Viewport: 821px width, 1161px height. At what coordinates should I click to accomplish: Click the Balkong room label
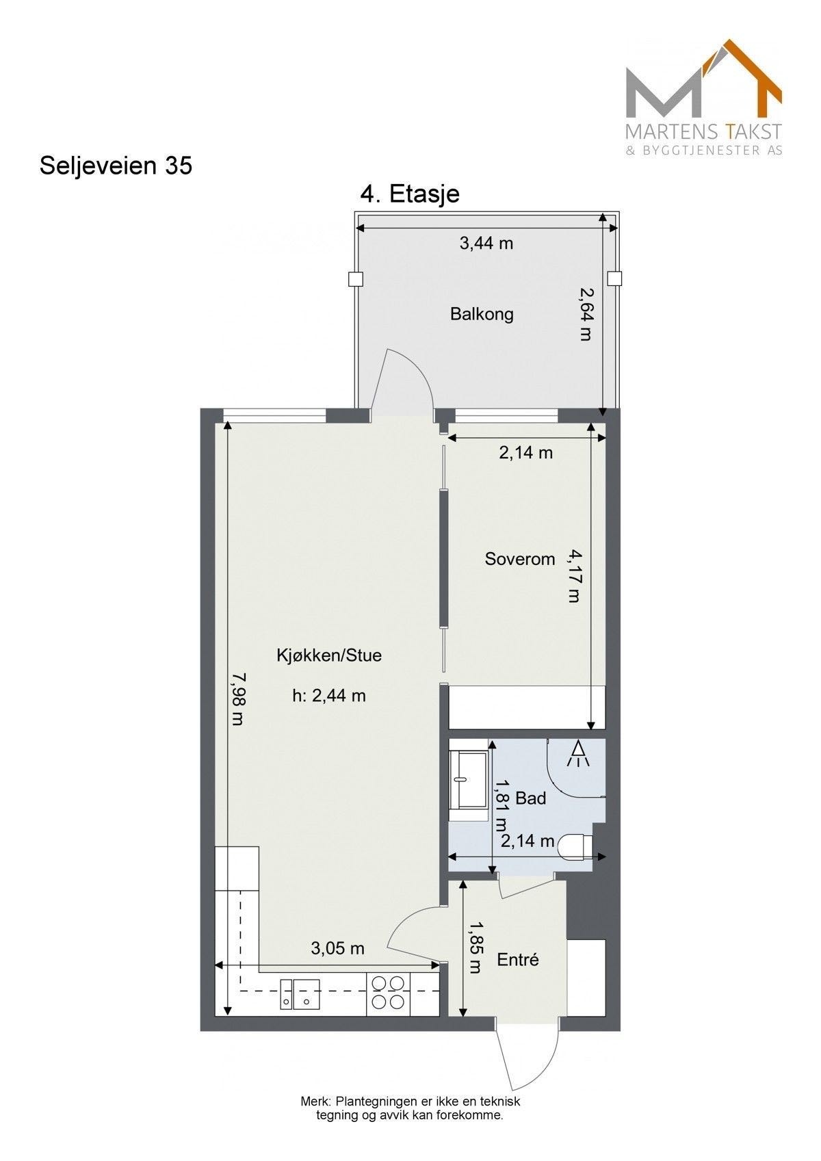(482, 314)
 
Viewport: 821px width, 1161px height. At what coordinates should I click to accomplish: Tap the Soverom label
(520, 559)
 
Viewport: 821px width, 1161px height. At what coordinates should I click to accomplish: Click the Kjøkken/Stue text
(329, 655)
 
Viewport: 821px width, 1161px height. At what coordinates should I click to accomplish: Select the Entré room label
(518, 960)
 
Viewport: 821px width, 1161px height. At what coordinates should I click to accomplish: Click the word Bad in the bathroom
(531, 798)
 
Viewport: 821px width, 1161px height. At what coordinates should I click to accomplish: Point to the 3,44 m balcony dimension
(486, 243)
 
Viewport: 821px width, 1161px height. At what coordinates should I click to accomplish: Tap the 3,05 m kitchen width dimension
(337, 948)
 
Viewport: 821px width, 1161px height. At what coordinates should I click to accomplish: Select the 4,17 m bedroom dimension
(574, 576)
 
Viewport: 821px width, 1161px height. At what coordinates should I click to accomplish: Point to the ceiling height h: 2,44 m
(329, 696)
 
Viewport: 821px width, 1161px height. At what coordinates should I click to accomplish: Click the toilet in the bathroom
(575, 846)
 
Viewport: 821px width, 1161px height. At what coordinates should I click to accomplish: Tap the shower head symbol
(579, 754)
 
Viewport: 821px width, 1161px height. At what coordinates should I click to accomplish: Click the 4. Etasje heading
(410, 194)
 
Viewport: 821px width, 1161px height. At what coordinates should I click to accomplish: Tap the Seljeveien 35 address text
(116, 166)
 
